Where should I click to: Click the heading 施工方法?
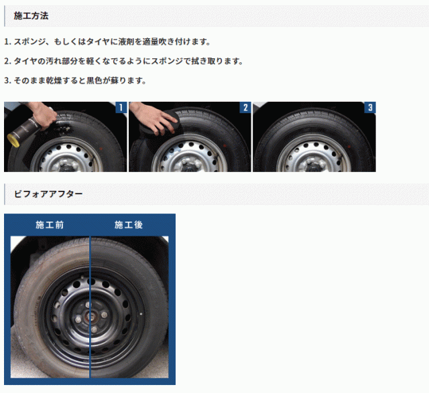[31, 16]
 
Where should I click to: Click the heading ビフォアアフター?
[48, 194]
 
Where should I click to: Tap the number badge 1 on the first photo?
[121, 107]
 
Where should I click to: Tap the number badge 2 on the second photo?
[245, 107]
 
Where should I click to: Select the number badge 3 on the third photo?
[370, 107]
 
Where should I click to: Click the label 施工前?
[50, 225]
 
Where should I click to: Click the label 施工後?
[129, 225]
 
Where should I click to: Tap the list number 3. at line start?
[7, 80]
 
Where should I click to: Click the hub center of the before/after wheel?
[90, 317]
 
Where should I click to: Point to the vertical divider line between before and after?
[90, 307]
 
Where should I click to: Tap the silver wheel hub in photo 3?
[314, 164]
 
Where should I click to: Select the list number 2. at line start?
[7, 61]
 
